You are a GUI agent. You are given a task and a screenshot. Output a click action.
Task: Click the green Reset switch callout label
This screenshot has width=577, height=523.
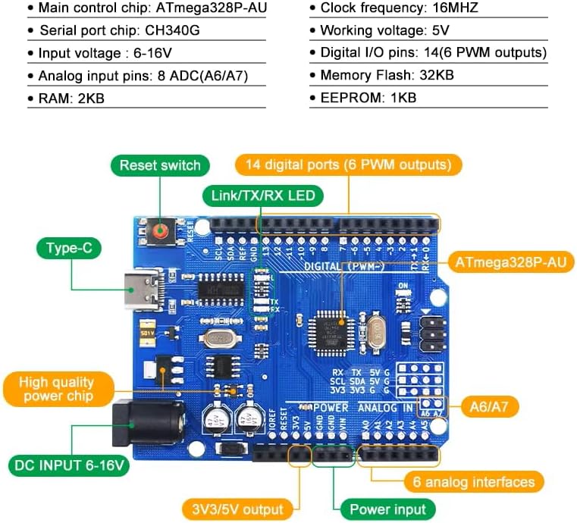(x=160, y=165)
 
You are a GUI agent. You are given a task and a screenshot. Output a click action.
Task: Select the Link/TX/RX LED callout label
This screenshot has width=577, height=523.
(x=262, y=196)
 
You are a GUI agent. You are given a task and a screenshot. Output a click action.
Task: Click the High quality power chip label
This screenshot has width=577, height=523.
(x=57, y=389)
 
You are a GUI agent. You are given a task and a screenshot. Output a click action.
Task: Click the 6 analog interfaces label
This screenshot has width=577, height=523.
(x=473, y=481)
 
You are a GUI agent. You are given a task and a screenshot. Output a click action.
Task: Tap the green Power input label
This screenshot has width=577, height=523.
(x=388, y=509)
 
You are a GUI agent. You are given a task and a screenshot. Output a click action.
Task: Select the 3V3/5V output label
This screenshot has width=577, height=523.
(x=238, y=509)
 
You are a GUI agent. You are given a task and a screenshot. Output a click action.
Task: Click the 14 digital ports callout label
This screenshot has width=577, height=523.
(x=348, y=164)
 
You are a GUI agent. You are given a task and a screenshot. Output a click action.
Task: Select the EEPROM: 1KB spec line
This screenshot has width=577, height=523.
(x=368, y=97)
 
